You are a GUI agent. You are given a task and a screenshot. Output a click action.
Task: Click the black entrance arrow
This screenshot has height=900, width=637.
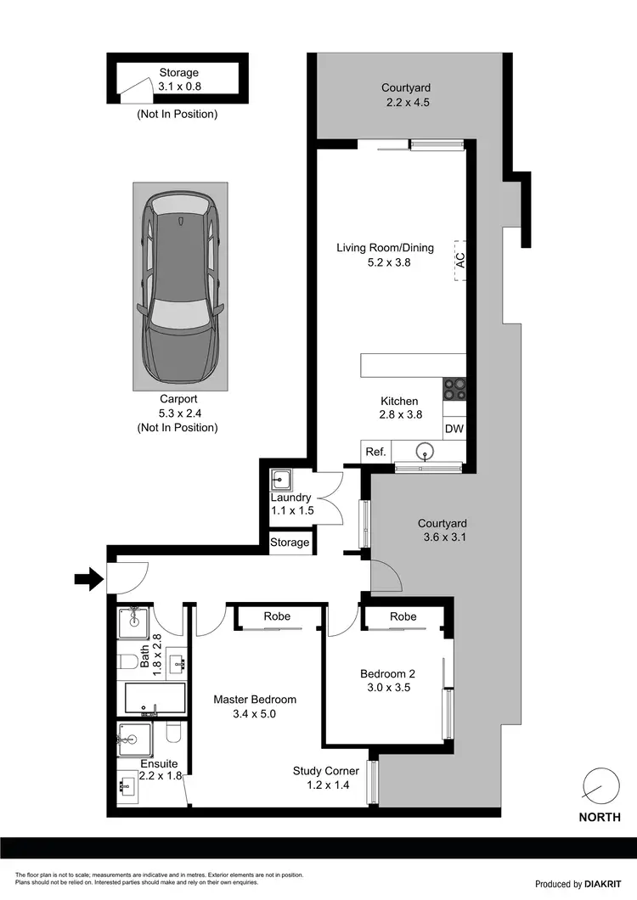87,580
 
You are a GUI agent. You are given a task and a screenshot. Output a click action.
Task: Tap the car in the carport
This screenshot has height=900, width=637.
180,286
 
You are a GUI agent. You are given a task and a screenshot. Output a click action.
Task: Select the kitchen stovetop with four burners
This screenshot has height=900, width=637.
454,388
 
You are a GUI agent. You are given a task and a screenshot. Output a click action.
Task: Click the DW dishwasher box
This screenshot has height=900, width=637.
454,429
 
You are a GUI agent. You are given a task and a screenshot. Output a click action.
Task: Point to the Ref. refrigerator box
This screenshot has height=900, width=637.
375,452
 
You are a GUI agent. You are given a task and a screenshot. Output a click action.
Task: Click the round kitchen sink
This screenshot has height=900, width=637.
427,451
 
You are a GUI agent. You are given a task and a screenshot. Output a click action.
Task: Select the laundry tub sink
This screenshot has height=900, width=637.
282,481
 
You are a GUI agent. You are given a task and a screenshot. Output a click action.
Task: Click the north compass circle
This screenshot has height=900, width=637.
600,785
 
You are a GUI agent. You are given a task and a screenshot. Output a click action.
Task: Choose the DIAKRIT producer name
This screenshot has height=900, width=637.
605,884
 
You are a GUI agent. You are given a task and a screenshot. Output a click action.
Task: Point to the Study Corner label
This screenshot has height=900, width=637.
325,771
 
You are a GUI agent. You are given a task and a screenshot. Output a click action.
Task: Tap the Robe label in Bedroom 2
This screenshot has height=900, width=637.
404,616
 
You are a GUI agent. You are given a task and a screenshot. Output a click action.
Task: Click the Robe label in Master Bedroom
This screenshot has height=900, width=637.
278,616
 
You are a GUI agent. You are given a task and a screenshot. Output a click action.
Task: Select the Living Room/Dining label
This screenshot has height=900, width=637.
385,248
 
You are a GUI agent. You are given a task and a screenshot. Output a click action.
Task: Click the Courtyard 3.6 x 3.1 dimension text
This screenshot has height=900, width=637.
442,537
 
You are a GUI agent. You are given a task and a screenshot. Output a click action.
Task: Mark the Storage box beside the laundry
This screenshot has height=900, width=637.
290,543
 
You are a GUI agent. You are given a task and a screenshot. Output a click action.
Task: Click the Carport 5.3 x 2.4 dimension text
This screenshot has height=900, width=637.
177,413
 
